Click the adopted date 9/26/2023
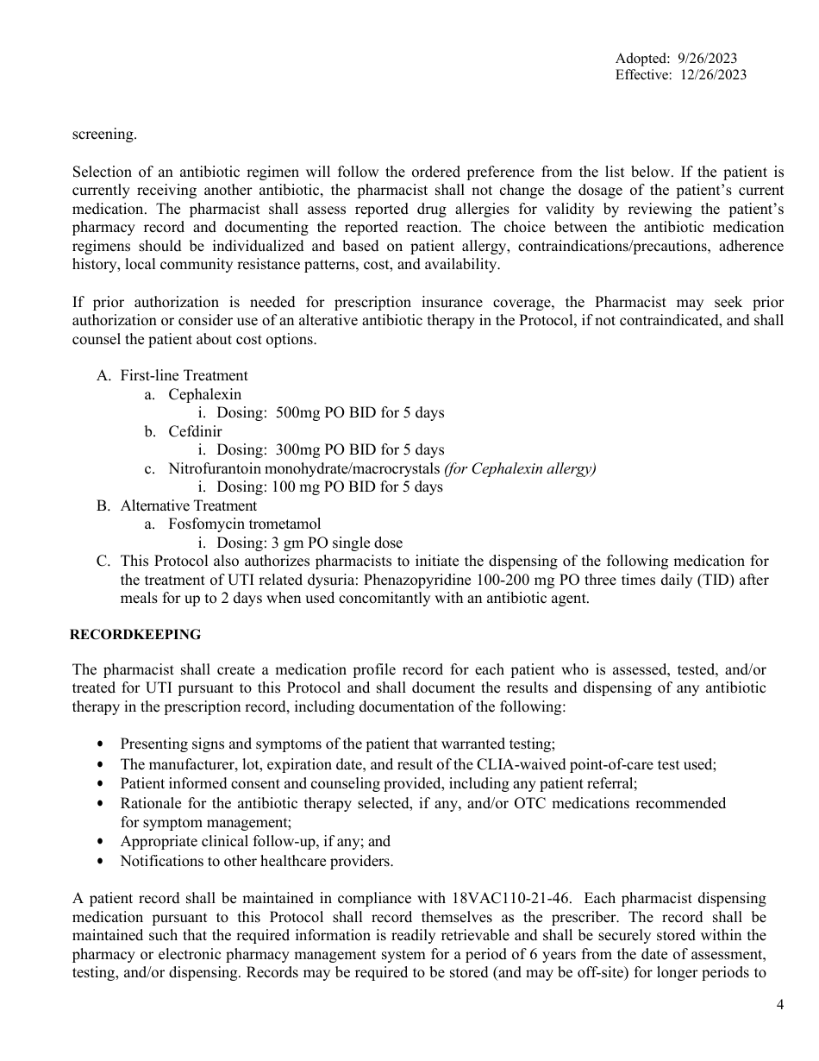coord(706,59)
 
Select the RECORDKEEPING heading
coord(135,635)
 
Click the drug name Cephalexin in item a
coord(205,394)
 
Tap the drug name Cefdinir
coord(195,431)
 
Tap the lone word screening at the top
coord(103,135)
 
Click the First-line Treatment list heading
coord(184,375)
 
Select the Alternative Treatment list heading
coord(188,505)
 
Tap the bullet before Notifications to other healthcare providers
coord(103,861)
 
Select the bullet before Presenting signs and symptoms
coord(103,744)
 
